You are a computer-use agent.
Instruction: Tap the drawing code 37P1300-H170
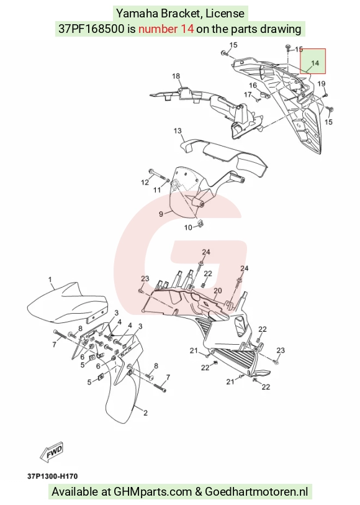(52, 476)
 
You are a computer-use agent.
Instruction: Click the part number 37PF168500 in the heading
(91, 29)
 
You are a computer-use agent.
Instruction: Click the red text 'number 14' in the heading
(166, 29)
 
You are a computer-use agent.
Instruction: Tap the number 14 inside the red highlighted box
(315, 63)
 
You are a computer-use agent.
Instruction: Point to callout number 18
(176, 76)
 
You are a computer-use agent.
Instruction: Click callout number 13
(178, 131)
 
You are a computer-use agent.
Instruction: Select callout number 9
(161, 214)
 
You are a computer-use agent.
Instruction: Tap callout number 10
(188, 228)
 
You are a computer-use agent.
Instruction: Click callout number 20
(218, 291)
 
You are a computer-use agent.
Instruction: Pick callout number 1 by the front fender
(50, 280)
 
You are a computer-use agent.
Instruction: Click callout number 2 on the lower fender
(145, 412)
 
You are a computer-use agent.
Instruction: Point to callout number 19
(322, 84)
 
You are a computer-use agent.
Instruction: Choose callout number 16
(253, 85)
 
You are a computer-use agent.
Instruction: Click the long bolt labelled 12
(158, 175)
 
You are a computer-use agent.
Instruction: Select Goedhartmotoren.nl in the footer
(256, 492)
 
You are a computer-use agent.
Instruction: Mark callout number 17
(248, 94)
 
